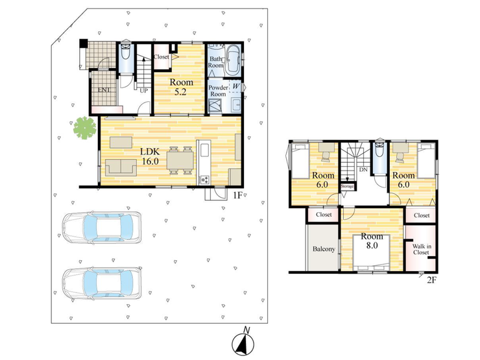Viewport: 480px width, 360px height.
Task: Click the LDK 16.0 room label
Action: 150,156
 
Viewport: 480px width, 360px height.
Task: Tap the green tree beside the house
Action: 85,128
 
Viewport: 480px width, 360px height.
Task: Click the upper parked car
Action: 102,228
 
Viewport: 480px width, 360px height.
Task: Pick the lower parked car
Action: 102,283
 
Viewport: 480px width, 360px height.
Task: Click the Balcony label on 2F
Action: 324,249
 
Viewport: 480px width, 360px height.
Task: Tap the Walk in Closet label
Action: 421,249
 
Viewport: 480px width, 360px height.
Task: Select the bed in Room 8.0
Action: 371,252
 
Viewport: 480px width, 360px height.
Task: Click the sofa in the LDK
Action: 121,167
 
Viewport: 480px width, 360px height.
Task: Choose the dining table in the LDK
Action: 180,160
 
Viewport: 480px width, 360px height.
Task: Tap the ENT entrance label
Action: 104,90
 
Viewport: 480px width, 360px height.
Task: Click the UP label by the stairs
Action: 143,91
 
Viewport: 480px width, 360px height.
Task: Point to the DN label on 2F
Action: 363,169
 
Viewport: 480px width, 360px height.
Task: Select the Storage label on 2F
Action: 347,186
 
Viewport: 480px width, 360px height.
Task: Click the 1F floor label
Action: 237,195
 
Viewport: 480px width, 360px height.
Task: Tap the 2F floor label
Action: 431,280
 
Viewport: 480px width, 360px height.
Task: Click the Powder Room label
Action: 218,91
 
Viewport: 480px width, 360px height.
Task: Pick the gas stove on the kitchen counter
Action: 204,180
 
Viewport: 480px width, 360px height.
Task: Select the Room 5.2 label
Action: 181,87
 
